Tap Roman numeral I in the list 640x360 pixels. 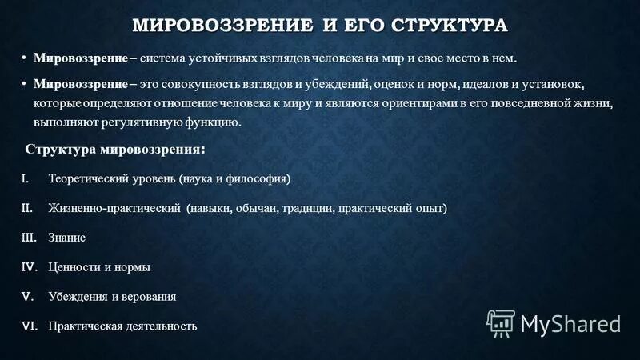[x=24, y=178]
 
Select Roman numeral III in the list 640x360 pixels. [x=26, y=238]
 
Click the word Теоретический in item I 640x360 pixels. [x=84, y=178]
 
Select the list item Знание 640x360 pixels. [x=66, y=238]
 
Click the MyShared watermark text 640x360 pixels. [x=570, y=323]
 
